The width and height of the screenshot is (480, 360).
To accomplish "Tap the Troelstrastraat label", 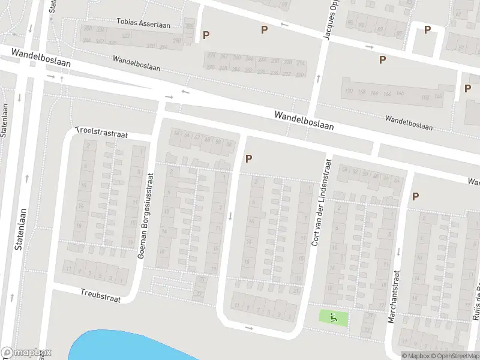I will point(102,133).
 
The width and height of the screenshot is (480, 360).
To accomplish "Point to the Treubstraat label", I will point(100,295).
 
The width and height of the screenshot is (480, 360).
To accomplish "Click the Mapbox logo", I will point(26,353).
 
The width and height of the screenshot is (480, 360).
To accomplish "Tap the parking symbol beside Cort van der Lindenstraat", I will point(248,158).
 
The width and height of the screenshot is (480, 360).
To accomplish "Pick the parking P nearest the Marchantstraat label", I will point(415,196).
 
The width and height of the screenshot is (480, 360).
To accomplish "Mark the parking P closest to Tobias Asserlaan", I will point(206,35).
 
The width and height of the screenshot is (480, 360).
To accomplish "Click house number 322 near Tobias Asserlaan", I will point(126,36).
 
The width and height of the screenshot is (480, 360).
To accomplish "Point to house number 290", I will point(177,40).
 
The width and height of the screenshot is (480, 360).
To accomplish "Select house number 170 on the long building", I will point(348,91).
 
